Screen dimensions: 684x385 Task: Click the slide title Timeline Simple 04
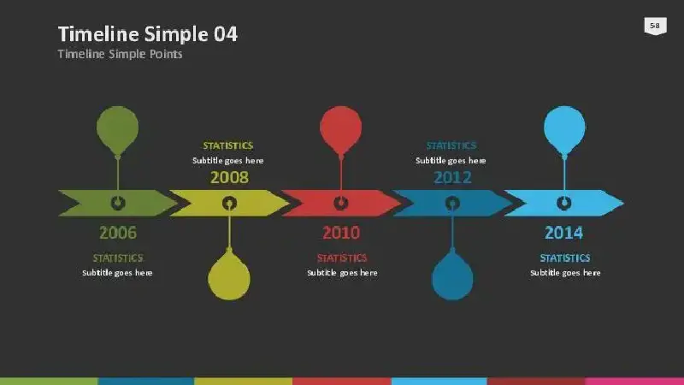(148, 34)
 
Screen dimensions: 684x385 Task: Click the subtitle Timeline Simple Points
(120, 54)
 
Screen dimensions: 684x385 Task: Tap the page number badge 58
(655, 26)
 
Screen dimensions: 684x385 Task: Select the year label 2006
(118, 233)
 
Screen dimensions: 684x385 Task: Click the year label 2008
(229, 178)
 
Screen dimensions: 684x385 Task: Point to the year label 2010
(341, 233)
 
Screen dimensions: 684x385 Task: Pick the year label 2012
(452, 178)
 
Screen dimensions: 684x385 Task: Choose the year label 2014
(563, 233)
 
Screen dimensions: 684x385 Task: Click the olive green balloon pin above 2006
(117, 130)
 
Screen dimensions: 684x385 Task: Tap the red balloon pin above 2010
(340, 130)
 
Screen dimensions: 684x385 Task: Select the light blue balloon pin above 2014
(564, 130)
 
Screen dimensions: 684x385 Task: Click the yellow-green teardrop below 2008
(229, 276)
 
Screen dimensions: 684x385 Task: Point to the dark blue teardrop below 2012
(452, 276)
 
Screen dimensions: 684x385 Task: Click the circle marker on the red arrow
(340, 203)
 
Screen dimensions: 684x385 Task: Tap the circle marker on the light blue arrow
(564, 203)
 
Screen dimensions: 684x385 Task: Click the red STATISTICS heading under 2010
(342, 258)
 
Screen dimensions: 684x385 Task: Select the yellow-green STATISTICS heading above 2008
(228, 145)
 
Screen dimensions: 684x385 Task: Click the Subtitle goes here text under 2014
(565, 273)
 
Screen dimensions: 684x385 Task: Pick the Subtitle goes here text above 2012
(451, 161)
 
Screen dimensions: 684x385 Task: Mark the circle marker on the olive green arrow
(118, 203)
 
